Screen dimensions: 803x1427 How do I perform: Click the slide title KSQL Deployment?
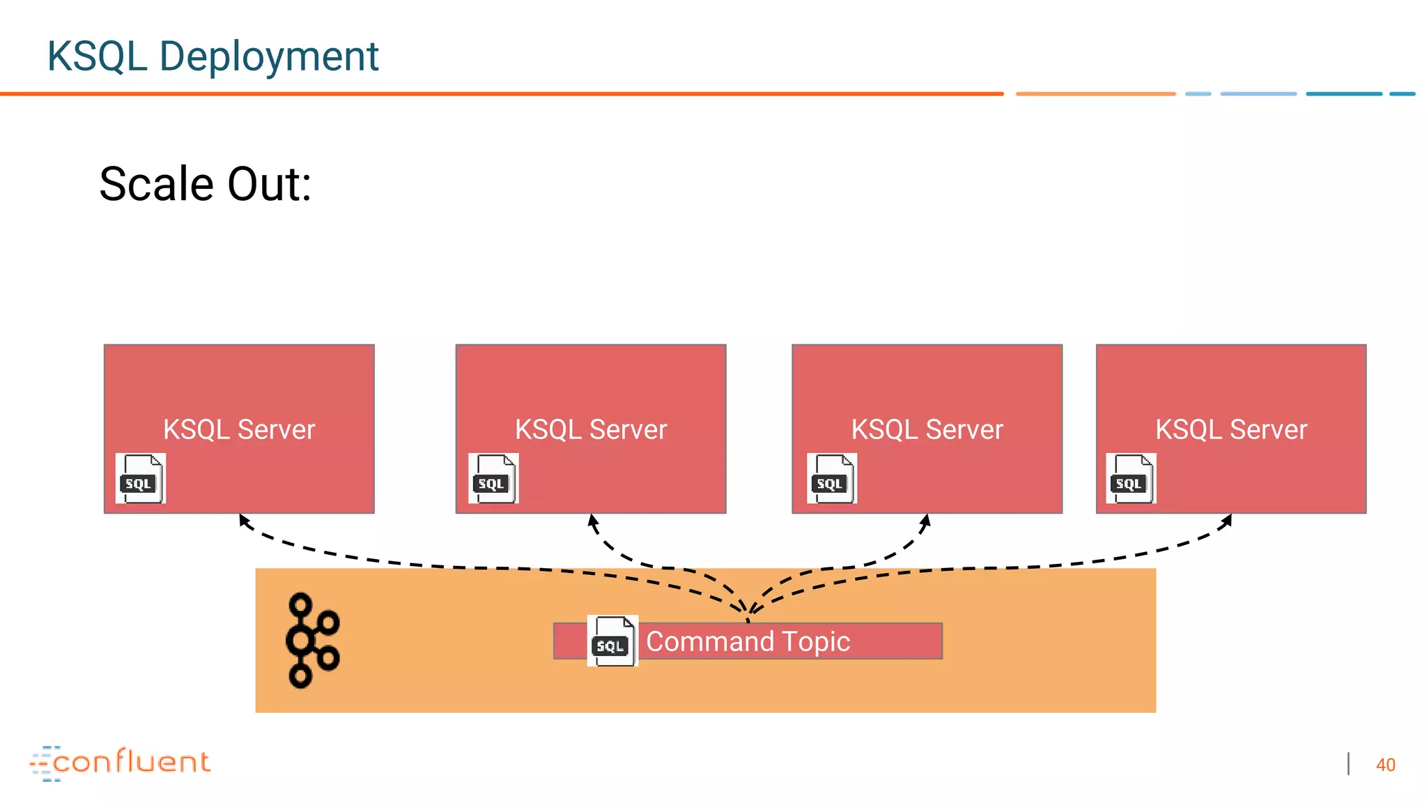[213, 56]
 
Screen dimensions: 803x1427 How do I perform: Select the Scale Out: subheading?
[205, 184]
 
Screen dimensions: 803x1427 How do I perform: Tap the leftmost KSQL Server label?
[239, 429]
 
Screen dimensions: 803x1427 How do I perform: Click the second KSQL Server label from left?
[591, 429]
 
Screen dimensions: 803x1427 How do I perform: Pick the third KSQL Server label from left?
[927, 429]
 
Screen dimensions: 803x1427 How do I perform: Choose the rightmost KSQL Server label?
[1231, 429]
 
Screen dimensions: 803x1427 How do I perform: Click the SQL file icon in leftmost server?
[141, 478]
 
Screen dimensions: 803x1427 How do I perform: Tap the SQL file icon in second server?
[493, 478]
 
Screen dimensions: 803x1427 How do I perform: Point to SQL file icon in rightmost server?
[1131, 478]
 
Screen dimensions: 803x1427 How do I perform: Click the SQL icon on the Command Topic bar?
[612, 641]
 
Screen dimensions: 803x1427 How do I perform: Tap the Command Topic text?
[748, 641]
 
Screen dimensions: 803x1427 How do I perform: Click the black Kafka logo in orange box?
[312, 641]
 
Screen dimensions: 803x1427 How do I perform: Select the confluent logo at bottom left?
[120, 763]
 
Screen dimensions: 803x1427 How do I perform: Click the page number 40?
[1385, 765]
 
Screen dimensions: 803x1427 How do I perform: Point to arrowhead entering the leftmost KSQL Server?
[244, 520]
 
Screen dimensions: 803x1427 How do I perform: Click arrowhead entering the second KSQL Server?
[593, 520]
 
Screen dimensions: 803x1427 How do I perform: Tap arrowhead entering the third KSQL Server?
[925, 520]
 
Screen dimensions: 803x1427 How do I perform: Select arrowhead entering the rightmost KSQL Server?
[1227, 520]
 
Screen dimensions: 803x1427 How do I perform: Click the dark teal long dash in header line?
[1343, 93]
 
